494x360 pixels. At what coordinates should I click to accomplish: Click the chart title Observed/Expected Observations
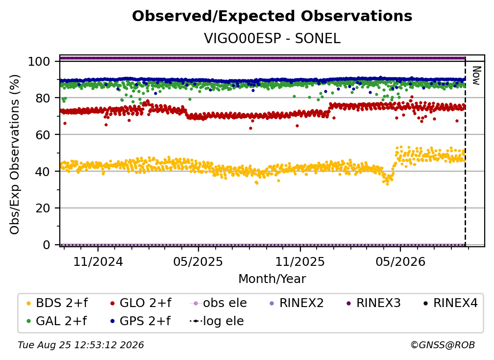(x=272, y=16)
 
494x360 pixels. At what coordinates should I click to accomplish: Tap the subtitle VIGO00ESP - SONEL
(x=272, y=38)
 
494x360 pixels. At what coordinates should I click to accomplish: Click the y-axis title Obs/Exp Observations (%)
(x=15, y=154)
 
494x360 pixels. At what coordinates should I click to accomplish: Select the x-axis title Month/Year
(x=272, y=279)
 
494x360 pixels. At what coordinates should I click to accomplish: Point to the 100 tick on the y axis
(x=39, y=61)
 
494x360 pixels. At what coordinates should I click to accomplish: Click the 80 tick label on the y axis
(x=43, y=98)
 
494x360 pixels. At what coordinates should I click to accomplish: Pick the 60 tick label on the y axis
(x=43, y=135)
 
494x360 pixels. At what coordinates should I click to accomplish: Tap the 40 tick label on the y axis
(x=43, y=172)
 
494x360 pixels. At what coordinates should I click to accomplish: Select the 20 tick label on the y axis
(x=43, y=208)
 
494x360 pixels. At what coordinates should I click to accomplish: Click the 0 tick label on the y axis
(x=46, y=245)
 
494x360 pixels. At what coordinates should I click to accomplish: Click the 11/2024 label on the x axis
(x=98, y=261)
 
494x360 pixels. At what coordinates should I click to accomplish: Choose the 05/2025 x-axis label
(x=198, y=261)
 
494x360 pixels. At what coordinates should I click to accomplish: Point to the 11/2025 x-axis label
(x=300, y=261)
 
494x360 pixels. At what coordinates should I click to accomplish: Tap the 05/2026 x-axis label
(x=400, y=261)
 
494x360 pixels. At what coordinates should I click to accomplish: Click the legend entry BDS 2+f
(x=57, y=303)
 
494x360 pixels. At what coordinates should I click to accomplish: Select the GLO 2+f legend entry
(x=141, y=303)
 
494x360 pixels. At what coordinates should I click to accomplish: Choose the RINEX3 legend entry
(x=373, y=303)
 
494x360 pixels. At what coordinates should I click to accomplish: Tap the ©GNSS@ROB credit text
(x=443, y=345)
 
